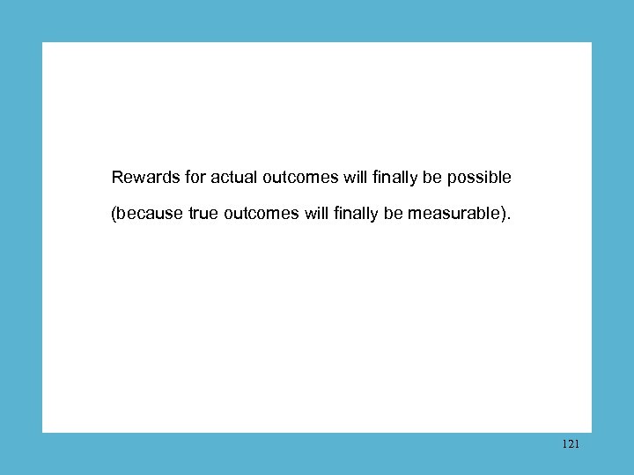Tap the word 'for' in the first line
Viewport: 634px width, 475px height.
coord(195,178)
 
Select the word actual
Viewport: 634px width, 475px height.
coord(232,178)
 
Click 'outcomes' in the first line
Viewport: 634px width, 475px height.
coord(300,178)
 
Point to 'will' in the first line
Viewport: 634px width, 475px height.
coord(355,178)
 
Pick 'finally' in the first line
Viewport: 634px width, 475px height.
coord(394,178)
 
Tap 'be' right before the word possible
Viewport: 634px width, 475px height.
coord(432,178)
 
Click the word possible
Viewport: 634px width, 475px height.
coord(479,178)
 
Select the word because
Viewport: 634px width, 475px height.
coord(151,213)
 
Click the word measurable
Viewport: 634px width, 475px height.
coord(453,213)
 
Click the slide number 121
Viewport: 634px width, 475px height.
coord(570,445)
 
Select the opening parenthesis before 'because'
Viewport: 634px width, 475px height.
coord(114,213)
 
